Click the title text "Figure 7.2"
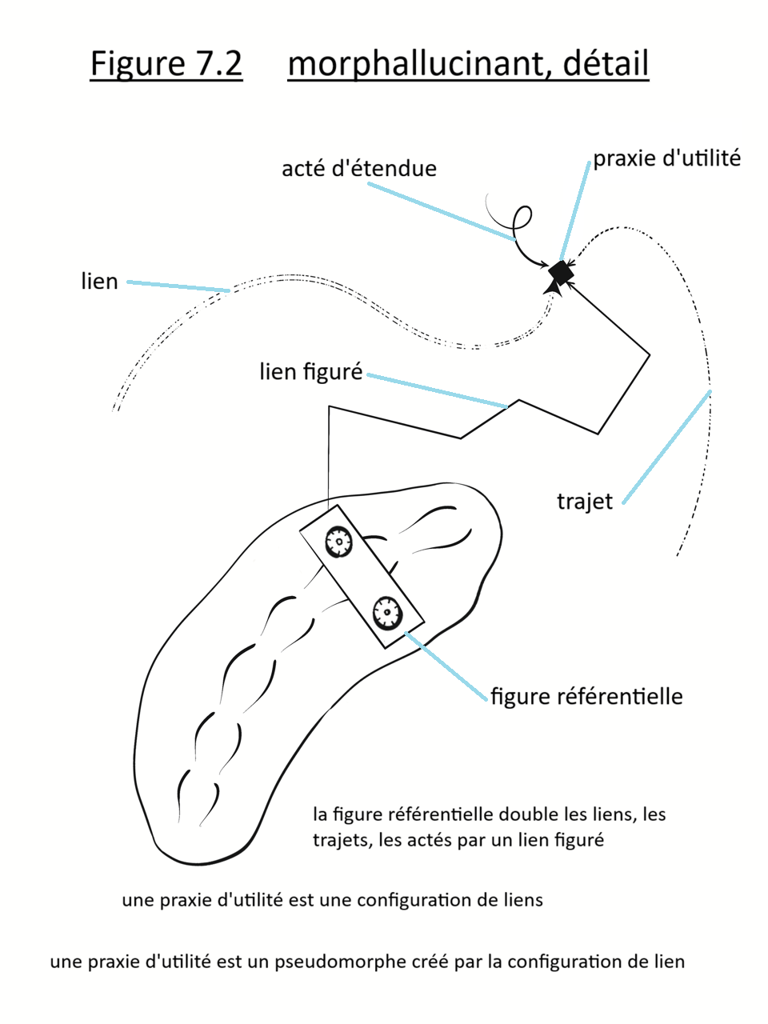166,64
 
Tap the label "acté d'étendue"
359,169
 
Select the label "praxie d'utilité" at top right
666,158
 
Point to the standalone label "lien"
99,282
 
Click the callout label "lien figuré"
310,372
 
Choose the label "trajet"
584,502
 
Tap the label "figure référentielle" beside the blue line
586,696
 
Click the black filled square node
561,272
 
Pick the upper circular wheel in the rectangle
339,542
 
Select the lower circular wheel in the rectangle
386,612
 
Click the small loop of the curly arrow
522,217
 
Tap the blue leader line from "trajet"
666,447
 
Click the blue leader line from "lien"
178,286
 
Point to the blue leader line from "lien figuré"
437,391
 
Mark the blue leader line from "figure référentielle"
446,666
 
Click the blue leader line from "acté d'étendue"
441,211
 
